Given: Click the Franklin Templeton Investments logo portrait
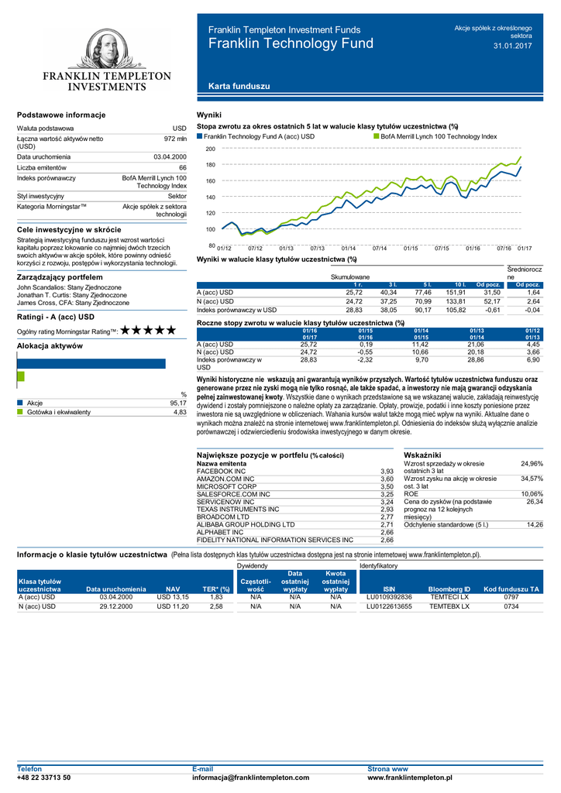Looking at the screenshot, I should tap(106, 50).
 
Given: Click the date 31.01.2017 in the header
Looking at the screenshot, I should tap(513, 46).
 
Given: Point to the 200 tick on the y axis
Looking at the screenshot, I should tap(210, 149).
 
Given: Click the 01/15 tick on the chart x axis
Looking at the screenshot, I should tap(411, 248).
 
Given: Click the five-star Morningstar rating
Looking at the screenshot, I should tap(149, 331).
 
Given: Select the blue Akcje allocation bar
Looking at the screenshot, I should tap(91, 363).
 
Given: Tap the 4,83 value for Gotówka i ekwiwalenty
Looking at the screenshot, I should tap(179, 413).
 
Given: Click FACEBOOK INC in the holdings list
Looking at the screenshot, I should tap(222, 471).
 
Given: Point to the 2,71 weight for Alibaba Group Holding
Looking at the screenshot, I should tap(387, 524).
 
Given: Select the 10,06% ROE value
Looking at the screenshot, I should tap(532, 493).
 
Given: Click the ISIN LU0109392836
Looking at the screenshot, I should tap(389, 597).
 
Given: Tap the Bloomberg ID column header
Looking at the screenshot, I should tap(449, 589).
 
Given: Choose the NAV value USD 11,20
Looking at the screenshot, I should tap(172, 606).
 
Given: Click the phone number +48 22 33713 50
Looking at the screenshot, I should tap(44, 778).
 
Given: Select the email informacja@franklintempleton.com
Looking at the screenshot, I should tap(250, 778).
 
